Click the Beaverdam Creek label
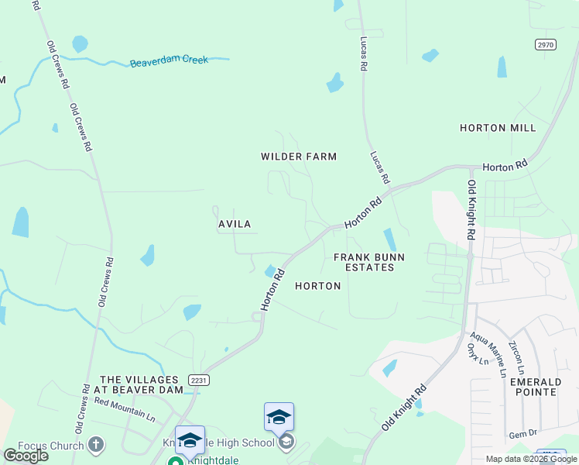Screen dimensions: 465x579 (169, 60)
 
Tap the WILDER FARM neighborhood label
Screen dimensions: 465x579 (299, 157)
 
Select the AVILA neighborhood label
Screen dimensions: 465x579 (234, 224)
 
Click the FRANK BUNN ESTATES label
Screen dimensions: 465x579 (364, 262)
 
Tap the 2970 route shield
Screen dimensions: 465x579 (545, 45)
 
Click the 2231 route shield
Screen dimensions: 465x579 (198, 379)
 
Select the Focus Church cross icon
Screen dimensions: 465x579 (95, 445)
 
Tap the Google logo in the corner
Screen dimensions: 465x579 (26, 456)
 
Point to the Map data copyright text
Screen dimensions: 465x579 (531, 459)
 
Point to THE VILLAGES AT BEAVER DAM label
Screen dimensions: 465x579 (141, 385)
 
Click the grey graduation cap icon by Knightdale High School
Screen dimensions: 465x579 (286, 443)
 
